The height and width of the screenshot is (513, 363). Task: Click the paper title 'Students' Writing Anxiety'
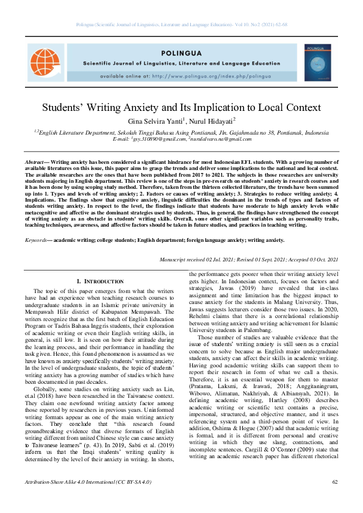click(x=181, y=107)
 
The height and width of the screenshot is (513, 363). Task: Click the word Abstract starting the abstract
click(x=34, y=155)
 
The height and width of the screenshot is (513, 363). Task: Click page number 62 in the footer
click(x=335, y=500)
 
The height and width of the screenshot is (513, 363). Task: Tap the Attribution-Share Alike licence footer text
click(x=86, y=500)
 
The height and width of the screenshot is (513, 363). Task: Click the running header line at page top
click(x=181, y=24)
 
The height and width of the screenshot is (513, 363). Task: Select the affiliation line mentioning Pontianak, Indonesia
click(x=181, y=132)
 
